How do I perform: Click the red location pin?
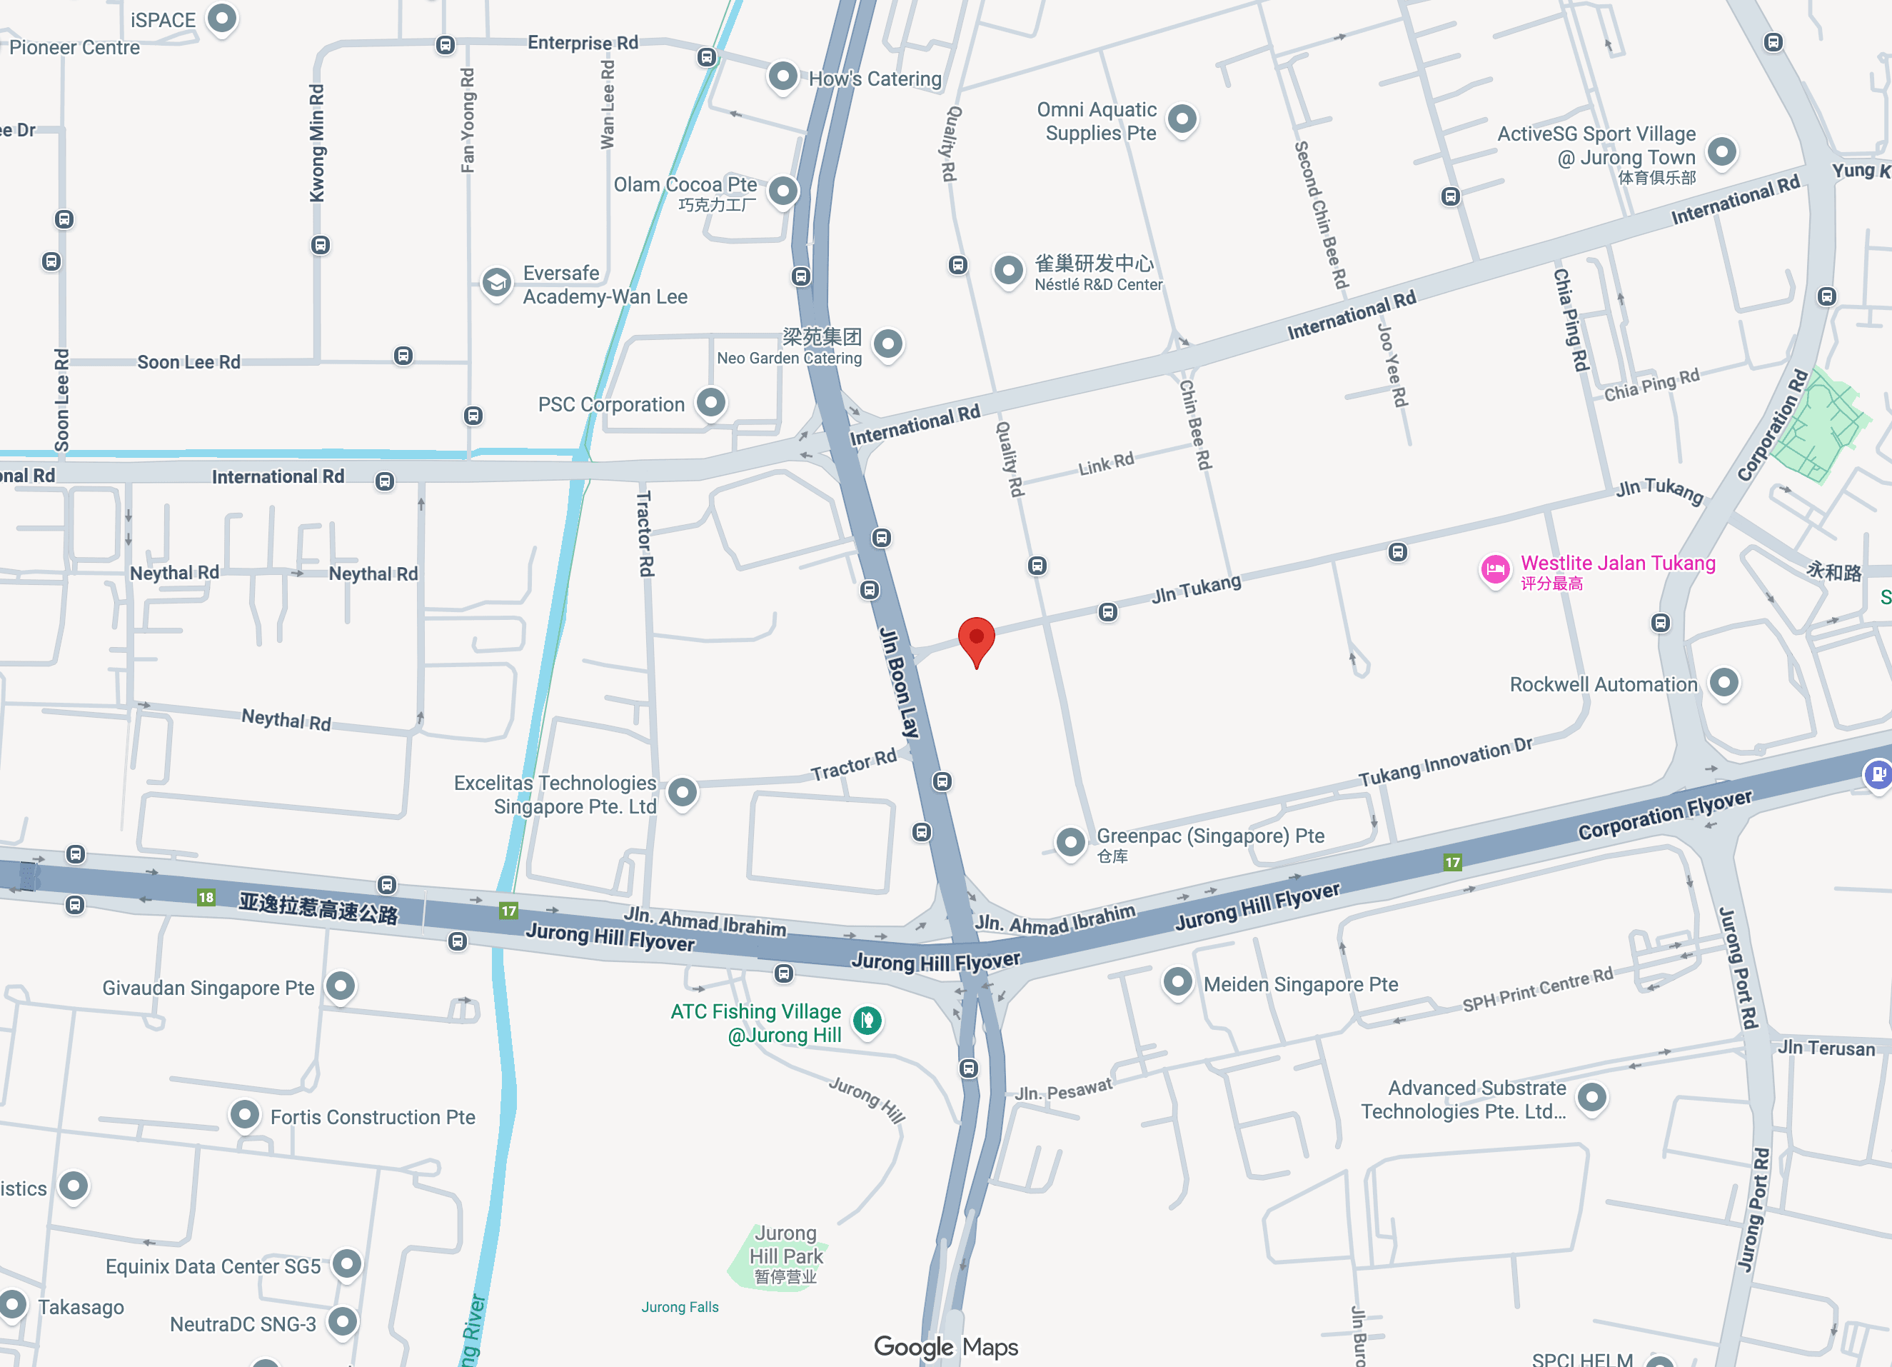[976, 639]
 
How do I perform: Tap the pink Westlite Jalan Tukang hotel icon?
[1495, 570]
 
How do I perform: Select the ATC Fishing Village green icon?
[867, 1020]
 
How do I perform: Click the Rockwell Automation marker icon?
[1724, 683]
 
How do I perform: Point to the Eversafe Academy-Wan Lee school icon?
[496, 283]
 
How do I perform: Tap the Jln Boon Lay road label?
[900, 683]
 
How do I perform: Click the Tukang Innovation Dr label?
[1445, 762]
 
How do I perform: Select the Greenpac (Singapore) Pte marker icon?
[1070, 841]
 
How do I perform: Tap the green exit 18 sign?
[206, 897]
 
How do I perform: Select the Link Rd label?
[1105, 464]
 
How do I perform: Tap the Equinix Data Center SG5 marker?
[347, 1263]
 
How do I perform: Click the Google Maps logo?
[945, 1346]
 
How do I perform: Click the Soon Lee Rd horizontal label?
[188, 362]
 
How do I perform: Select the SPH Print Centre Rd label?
[1537, 989]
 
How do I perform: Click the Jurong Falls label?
[679, 1307]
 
